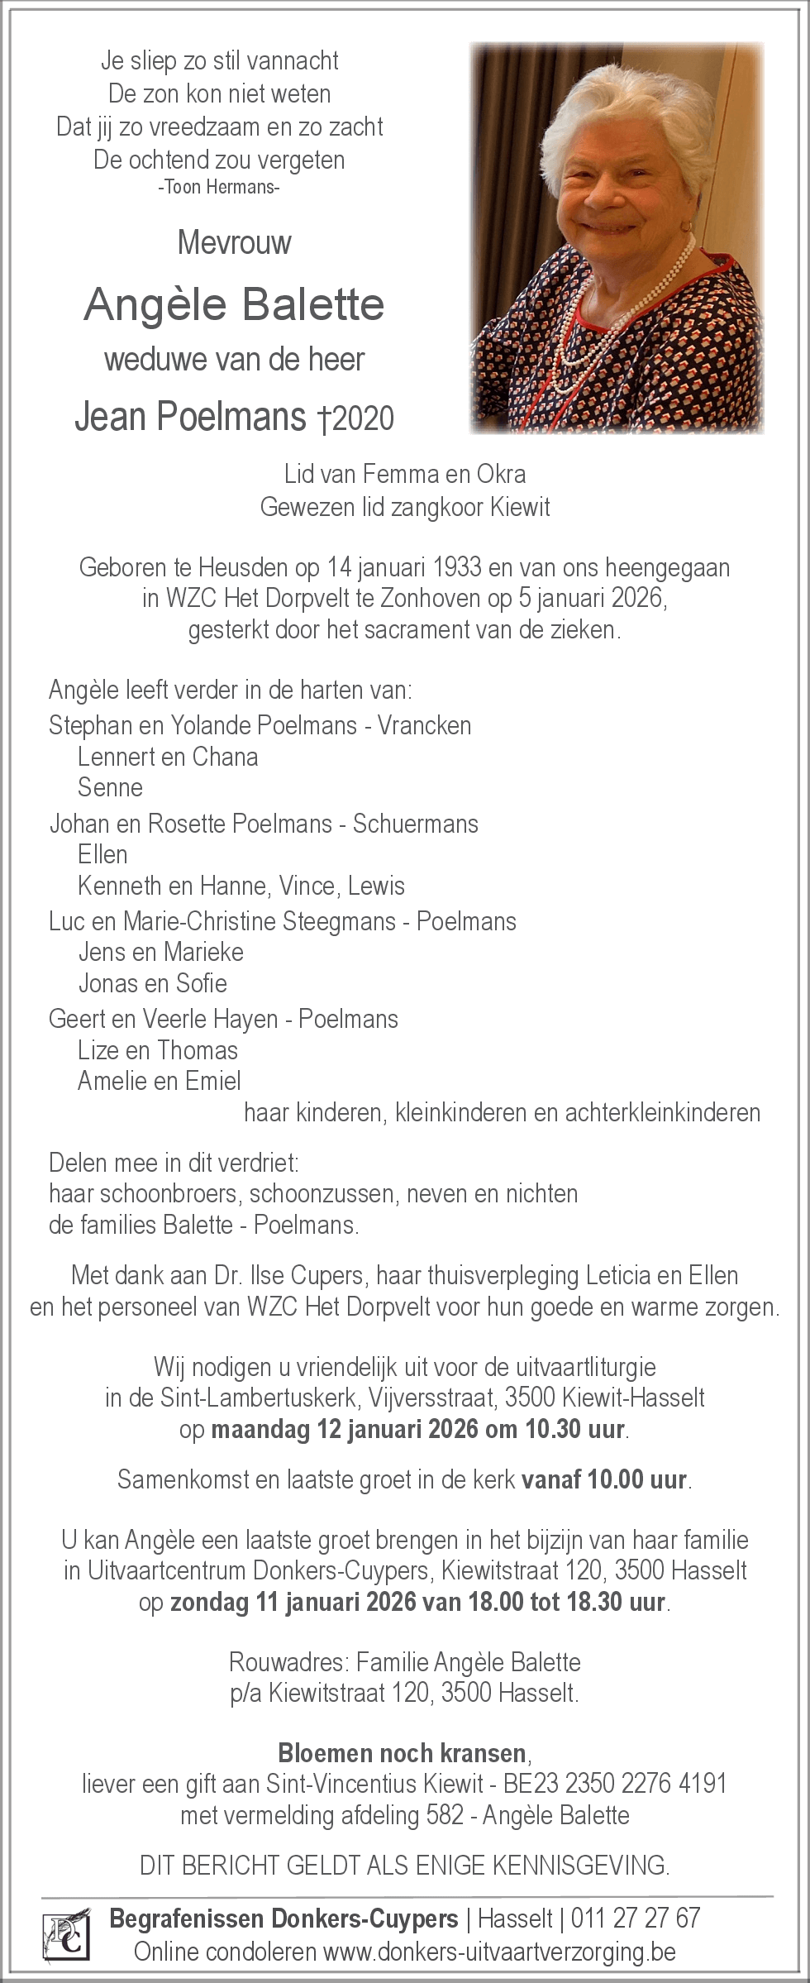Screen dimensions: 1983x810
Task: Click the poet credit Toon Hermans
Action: pos(219,188)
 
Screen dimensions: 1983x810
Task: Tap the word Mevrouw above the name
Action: pos(234,243)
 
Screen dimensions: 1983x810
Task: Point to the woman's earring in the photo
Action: pos(686,226)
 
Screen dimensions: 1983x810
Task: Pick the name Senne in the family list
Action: pos(110,787)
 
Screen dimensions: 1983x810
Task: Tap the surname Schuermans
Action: pos(416,824)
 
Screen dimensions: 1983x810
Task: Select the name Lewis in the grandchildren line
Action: pos(377,886)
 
